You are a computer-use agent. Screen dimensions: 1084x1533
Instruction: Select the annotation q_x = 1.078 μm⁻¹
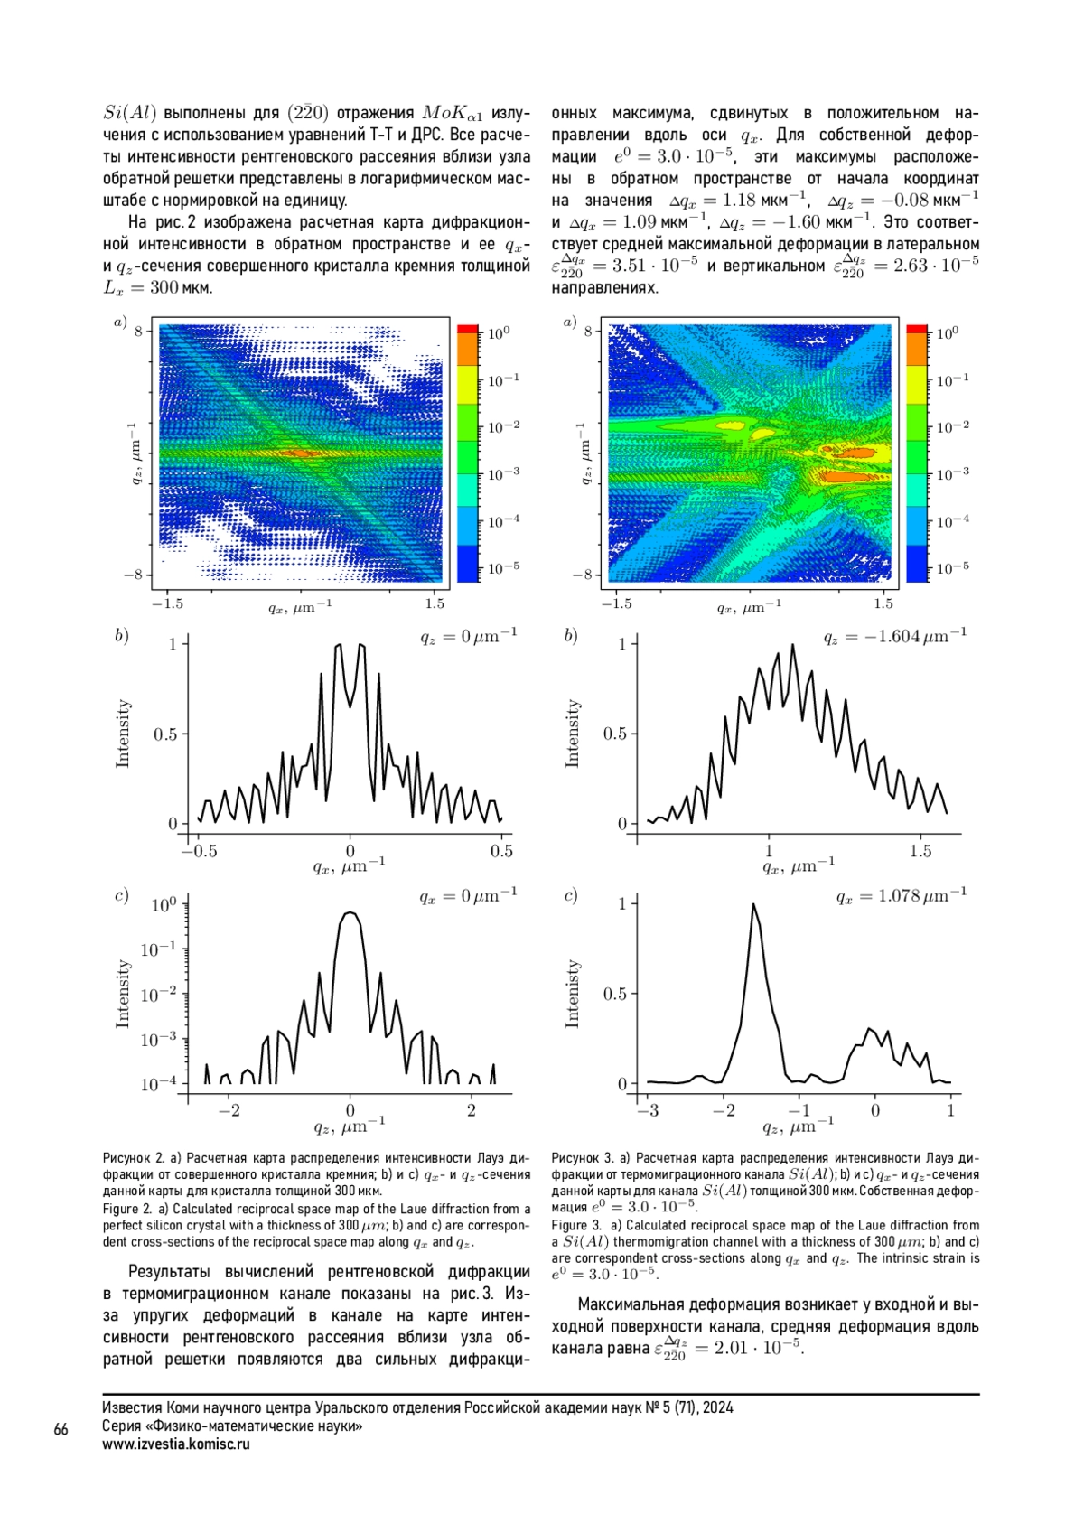[x=902, y=895]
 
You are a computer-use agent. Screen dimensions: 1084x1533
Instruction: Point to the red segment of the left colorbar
[x=468, y=329]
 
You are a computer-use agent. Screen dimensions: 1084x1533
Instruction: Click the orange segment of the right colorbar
[x=917, y=349]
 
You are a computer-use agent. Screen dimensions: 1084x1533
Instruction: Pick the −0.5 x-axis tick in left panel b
[x=199, y=851]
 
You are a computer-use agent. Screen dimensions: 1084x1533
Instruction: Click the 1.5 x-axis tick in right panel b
[x=920, y=851]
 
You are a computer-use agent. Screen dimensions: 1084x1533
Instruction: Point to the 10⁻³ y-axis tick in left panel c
[x=159, y=1039]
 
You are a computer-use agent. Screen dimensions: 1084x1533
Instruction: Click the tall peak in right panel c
[x=753, y=904]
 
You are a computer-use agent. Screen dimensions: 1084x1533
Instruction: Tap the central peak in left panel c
[x=350, y=913]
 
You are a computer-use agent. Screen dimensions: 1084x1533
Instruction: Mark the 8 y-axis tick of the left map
[x=138, y=332]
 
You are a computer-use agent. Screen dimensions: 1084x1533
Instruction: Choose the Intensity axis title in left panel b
[x=123, y=733]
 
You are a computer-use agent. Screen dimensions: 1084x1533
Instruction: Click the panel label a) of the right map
[x=569, y=322]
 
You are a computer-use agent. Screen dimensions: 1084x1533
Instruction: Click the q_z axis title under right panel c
[x=799, y=1126]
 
